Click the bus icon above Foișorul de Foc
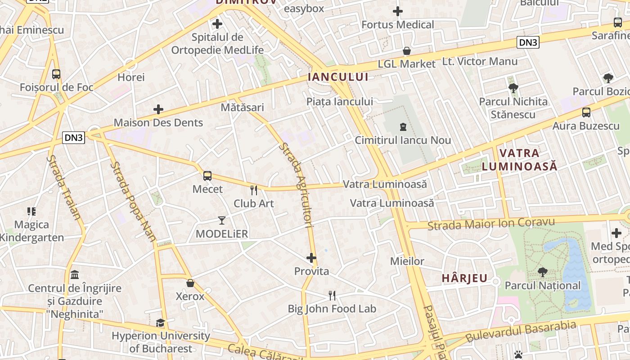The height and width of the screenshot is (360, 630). [56, 74]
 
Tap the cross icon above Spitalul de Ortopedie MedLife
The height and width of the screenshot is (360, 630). [217, 24]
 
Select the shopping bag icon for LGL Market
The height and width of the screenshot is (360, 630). [407, 51]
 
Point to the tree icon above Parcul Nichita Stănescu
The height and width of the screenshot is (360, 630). [513, 88]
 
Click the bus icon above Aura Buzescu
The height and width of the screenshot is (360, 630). [586, 112]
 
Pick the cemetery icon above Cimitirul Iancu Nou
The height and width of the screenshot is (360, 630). [403, 127]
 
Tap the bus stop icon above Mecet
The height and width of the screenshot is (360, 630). [207, 176]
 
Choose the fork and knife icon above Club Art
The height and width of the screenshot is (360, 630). [254, 190]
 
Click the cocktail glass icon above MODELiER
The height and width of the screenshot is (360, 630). [222, 220]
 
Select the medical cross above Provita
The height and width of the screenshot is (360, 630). [311, 258]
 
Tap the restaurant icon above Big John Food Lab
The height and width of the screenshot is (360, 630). [332, 296]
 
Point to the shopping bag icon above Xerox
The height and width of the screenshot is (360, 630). [190, 283]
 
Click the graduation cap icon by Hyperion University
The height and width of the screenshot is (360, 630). [160, 323]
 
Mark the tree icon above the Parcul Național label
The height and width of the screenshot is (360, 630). [542, 272]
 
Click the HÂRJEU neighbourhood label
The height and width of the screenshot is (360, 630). [464, 278]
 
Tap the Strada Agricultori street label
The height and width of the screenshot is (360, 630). [296, 184]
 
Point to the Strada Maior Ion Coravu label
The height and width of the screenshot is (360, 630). [491, 224]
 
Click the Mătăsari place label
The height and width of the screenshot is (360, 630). [242, 108]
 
